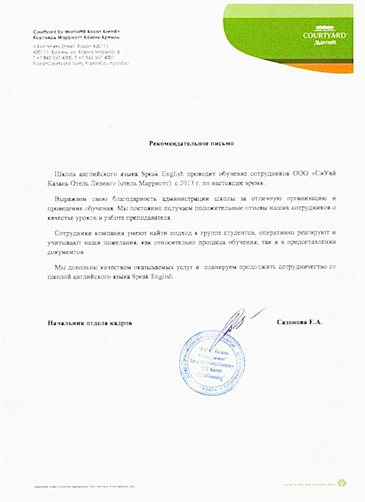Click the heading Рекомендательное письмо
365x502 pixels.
tap(191, 143)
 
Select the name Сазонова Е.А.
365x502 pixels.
tap(299, 322)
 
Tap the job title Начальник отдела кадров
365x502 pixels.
tap(90, 323)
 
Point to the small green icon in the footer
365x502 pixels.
tap(342, 483)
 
